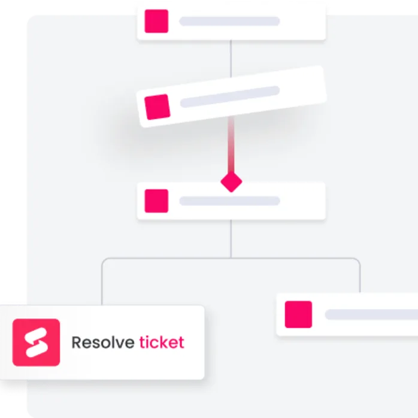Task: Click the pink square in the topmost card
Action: click(x=156, y=22)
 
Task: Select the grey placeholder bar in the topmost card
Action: click(x=229, y=22)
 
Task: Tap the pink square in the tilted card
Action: click(x=158, y=106)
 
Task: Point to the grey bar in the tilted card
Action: click(x=230, y=96)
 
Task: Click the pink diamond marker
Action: click(x=231, y=181)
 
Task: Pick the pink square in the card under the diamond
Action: click(x=156, y=201)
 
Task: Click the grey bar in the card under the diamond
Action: click(x=229, y=201)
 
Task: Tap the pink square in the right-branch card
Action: click(x=298, y=314)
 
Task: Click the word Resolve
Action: click(x=102, y=343)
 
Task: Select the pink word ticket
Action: click(x=162, y=343)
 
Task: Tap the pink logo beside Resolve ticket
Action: click(x=36, y=343)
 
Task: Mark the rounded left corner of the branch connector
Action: click(x=105, y=261)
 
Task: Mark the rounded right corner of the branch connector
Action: click(x=357, y=261)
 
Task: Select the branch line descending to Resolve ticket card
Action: click(x=102, y=284)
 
